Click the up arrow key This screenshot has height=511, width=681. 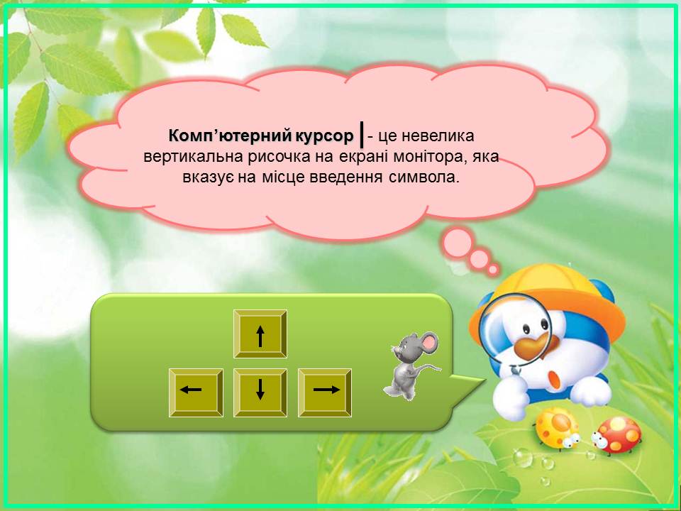coord(260,334)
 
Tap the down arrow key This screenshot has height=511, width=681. coord(260,392)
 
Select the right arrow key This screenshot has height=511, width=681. coord(325,392)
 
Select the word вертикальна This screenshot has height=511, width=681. coord(193,157)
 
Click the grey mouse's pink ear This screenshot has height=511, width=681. coord(429,341)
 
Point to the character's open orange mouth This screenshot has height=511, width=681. coord(555,379)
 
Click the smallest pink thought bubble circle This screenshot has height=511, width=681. coord(492,270)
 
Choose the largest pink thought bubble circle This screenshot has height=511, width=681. coord(458,241)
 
